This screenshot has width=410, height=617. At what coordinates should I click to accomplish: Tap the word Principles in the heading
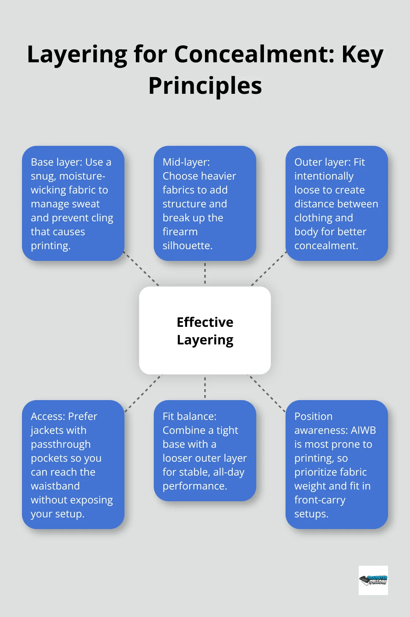tap(205, 86)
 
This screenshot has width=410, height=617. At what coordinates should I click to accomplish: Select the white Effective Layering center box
tap(205, 330)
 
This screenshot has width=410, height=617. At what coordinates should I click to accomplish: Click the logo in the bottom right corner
tap(373, 580)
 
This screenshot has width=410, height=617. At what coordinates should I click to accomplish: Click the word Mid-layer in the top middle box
tap(186, 162)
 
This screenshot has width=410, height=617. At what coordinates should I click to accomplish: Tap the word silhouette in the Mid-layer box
tap(187, 245)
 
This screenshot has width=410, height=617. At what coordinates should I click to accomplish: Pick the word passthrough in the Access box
tap(61, 444)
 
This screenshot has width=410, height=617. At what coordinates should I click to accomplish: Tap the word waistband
tap(55, 486)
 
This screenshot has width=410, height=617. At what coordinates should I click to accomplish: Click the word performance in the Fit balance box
tap(195, 486)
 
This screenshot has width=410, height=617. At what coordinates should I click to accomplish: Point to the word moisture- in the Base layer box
tap(82, 176)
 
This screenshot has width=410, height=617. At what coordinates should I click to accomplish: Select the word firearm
tap(180, 232)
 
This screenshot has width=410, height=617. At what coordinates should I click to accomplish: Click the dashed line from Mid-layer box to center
tap(205, 273)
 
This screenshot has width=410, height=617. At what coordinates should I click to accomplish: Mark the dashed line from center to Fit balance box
tap(205, 387)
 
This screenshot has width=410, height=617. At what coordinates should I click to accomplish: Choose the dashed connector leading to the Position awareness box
tap(267, 394)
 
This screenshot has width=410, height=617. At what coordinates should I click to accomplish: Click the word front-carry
tap(320, 500)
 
